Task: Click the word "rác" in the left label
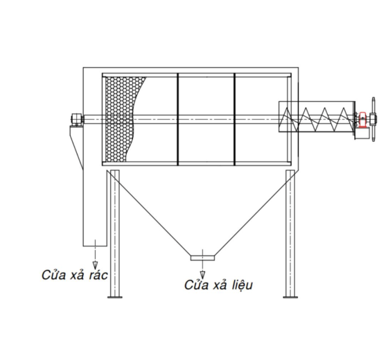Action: pos(98,276)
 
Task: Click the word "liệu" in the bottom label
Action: pos(242,285)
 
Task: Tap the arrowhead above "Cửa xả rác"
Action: pos(95,266)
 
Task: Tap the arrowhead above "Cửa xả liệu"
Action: pos(202,275)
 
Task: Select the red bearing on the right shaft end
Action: pos(363,120)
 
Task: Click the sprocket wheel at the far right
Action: pos(373,119)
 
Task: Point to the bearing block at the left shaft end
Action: pos(76,119)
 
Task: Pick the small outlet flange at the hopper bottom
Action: pos(202,258)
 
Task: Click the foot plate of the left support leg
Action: pos(115,297)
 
